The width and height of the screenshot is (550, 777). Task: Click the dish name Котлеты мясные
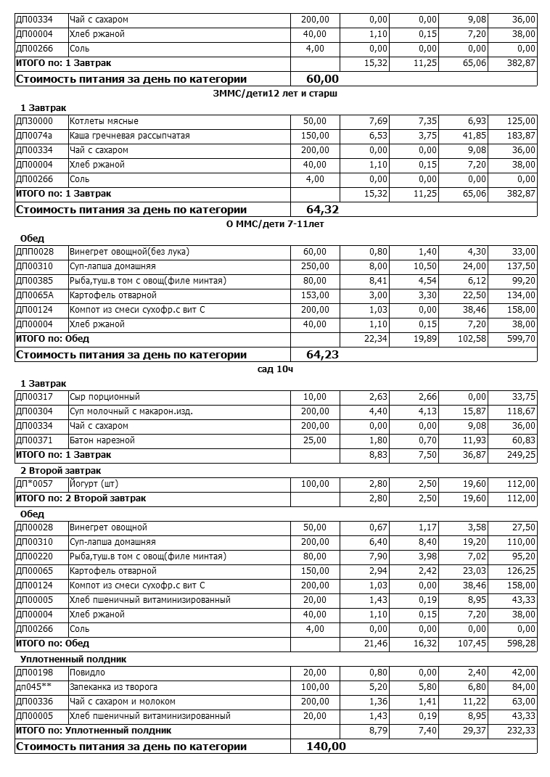point(104,121)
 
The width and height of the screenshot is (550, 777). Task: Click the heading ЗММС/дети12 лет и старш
point(276,93)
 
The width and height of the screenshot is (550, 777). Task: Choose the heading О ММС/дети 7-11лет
point(275,224)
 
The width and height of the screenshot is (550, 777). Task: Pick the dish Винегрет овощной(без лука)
point(129,252)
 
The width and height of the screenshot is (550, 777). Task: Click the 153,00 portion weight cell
point(316,295)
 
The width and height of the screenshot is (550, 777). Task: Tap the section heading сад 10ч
point(275,369)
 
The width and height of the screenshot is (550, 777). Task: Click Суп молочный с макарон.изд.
point(131,411)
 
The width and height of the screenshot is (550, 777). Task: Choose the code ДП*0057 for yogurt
point(34,484)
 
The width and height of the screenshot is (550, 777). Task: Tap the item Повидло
point(87,673)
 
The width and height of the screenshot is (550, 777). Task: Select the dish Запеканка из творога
point(113,687)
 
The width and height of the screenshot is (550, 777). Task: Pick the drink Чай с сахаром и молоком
point(123,702)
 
